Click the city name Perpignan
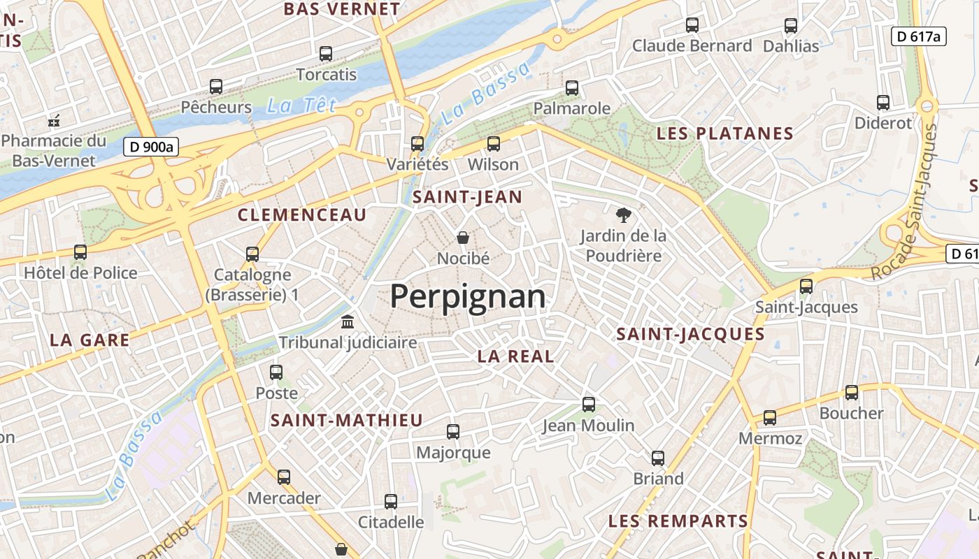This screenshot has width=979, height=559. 467,296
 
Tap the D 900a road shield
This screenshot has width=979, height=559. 151,147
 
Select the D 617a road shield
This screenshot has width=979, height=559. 918,36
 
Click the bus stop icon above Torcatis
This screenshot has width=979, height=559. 326,54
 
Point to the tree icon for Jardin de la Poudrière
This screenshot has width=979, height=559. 622,215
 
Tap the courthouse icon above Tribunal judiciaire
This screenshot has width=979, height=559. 348,322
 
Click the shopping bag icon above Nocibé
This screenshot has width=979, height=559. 462,238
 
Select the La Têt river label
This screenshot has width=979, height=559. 301,106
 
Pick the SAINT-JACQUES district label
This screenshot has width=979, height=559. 690,334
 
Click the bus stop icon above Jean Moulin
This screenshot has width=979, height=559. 589,405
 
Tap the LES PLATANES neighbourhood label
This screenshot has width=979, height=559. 724,133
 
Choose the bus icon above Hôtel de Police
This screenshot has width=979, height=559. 80,252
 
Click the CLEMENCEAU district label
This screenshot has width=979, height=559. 302,215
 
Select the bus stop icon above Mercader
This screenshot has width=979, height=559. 283,477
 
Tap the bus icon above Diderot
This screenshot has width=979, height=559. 883,103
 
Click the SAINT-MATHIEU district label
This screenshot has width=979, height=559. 347,420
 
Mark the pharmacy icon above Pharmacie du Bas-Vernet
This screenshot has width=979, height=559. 54,121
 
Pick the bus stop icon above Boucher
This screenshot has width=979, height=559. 851,393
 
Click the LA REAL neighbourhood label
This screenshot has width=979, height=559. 515,356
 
